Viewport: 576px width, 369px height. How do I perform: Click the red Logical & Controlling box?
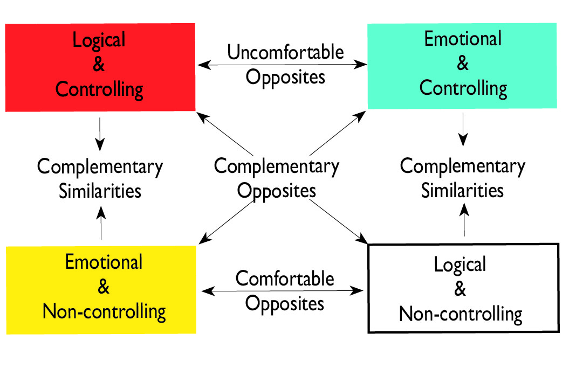tap(100, 67)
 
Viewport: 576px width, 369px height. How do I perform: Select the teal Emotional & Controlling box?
tap(462, 65)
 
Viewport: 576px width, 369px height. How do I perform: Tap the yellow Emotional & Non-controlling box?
tap(101, 289)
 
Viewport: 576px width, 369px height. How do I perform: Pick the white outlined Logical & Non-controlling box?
tap(463, 288)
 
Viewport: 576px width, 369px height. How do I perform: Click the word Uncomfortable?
tap(285, 53)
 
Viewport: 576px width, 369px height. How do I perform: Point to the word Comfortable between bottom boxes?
tap(285, 279)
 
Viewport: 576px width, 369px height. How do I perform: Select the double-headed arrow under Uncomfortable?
tap(282, 65)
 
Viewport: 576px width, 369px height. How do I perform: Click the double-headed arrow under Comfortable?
tap(282, 291)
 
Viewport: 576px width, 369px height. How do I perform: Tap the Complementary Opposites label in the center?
tap(277, 178)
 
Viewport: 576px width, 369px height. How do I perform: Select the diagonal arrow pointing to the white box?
tap(338, 221)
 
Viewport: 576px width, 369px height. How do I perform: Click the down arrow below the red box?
tap(100, 134)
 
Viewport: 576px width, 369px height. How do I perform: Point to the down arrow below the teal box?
tap(463, 130)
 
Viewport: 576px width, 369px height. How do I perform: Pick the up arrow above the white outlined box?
tap(464, 221)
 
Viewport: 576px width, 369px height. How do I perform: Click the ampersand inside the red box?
tap(99, 65)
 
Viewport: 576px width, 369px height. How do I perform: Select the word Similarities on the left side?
tap(100, 191)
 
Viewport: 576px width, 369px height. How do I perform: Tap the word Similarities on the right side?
tap(462, 190)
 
